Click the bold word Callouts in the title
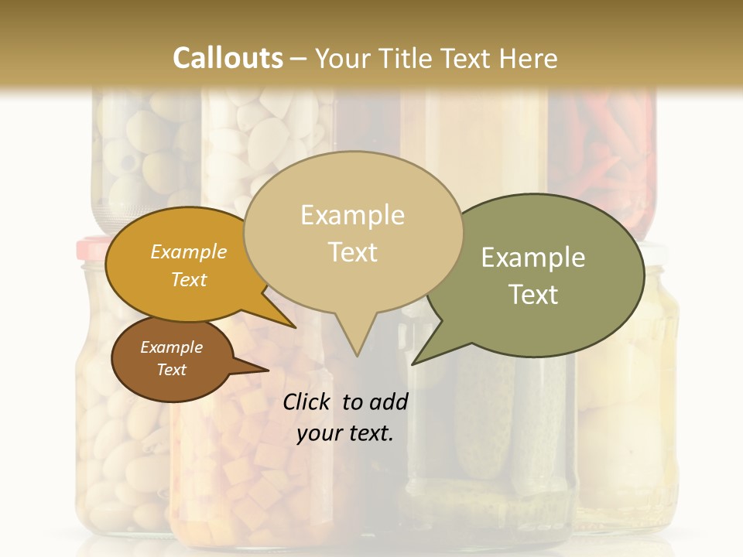[x=228, y=58]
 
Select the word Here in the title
[x=530, y=58]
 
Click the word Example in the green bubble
[x=533, y=258]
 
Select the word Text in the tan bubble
[x=353, y=252]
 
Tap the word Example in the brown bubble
[x=171, y=347]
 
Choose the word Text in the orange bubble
[x=189, y=279]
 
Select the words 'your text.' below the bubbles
[x=345, y=433]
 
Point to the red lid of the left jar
[x=91, y=249]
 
